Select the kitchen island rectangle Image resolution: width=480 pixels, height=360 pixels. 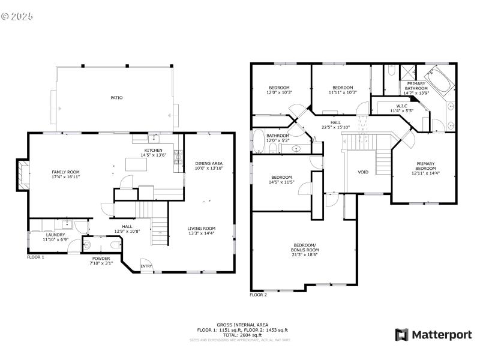click(137, 164)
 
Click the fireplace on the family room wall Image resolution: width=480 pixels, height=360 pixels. click(22, 174)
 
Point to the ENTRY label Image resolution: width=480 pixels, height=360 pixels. click(146, 266)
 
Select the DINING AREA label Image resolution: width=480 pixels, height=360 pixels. click(209, 163)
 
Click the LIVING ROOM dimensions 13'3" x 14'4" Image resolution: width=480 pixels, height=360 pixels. click(201, 233)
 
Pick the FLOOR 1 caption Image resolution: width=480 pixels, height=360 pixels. click(35, 257)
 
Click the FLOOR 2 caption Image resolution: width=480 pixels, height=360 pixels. click(258, 295)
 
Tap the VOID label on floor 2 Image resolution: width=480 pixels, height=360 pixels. click(363, 172)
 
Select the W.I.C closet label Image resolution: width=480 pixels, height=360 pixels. click(402, 106)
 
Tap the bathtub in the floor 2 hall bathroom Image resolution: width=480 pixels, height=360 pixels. click(257, 142)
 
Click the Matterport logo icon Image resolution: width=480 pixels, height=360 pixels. click(401, 335)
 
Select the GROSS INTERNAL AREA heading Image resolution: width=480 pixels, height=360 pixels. click(242, 325)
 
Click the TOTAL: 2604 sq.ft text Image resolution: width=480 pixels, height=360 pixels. click(242, 335)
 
